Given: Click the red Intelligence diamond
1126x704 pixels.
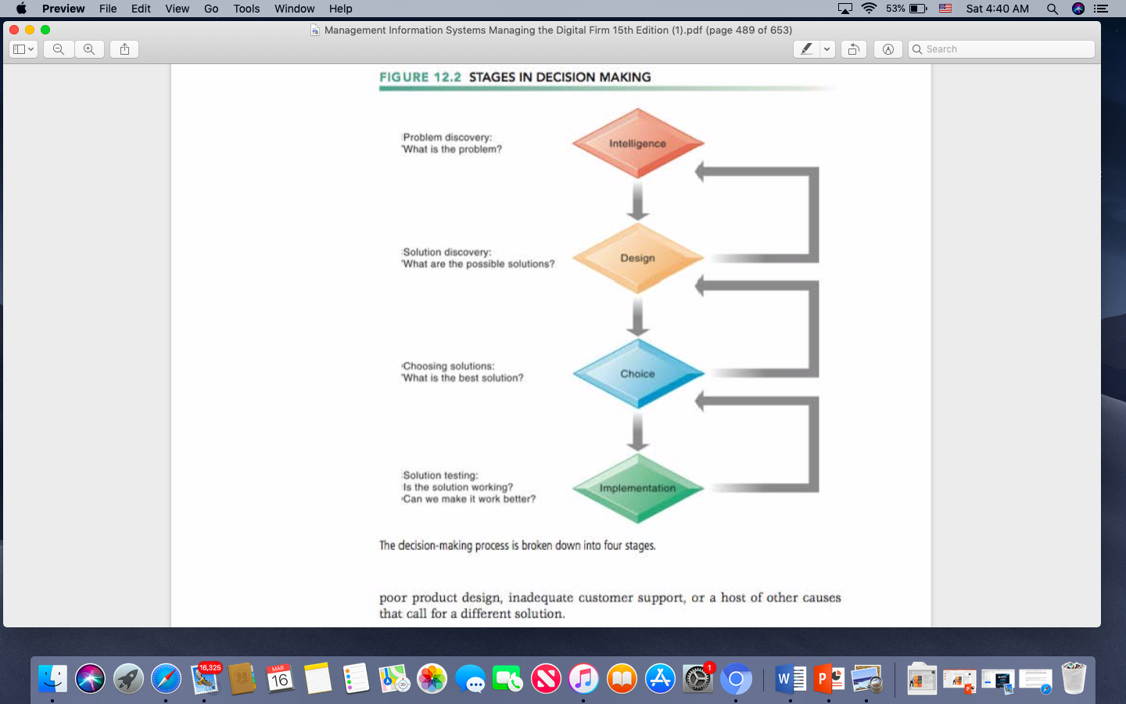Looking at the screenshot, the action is [x=638, y=143].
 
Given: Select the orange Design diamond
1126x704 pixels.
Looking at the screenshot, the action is [x=638, y=258].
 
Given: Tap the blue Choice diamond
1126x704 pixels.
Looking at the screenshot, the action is [x=638, y=373].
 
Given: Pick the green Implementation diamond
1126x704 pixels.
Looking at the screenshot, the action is [x=638, y=488].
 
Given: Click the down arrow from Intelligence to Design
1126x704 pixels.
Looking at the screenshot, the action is [x=638, y=200].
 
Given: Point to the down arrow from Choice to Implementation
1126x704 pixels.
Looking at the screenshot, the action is [x=638, y=432].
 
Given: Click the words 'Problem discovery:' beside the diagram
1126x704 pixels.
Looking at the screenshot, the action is [x=447, y=138].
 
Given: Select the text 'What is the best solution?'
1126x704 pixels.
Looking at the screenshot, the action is [x=463, y=378].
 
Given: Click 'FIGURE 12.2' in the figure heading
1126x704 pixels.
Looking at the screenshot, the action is [x=420, y=77].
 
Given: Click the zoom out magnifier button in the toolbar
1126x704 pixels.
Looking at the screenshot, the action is [x=59, y=48].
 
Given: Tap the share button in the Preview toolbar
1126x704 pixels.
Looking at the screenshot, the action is [x=124, y=48].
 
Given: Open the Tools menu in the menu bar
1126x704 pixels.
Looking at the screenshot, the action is [x=246, y=9].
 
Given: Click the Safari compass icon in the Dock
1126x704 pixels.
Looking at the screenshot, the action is [x=166, y=679].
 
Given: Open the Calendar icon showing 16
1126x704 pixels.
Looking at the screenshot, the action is [x=279, y=679].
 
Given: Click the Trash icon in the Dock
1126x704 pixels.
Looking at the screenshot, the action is [x=1074, y=678].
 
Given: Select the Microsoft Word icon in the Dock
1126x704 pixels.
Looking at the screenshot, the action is [x=791, y=679].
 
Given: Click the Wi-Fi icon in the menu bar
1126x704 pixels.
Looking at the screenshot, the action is [x=869, y=9].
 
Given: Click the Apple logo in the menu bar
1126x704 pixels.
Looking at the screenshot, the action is [x=21, y=9].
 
